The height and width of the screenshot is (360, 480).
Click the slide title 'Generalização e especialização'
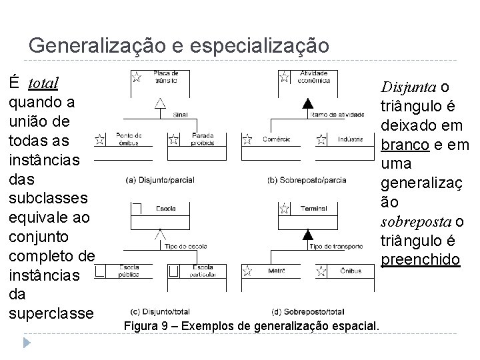click(x=179, y=45)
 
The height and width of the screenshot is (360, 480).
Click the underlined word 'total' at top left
click(x=43, y=83)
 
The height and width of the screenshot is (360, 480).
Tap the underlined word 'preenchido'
click(x=421, y=258)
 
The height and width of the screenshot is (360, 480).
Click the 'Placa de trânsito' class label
click(x=165, y=76)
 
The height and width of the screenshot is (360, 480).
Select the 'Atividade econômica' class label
click(x=313, y=76)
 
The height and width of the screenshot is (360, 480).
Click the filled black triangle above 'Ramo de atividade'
click(x=307, y=103)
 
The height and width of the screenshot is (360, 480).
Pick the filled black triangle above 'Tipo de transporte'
click(x=307, y=233)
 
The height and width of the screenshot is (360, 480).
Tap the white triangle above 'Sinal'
click(x=160, y=103)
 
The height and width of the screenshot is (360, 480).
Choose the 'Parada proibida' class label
click(x=203, y=138)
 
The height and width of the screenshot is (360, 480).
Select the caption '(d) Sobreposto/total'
click(x=309, y=311)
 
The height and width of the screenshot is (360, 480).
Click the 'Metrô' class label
click(x=277, y=270)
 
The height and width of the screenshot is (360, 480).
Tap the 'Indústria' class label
click(x=350, y=139)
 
